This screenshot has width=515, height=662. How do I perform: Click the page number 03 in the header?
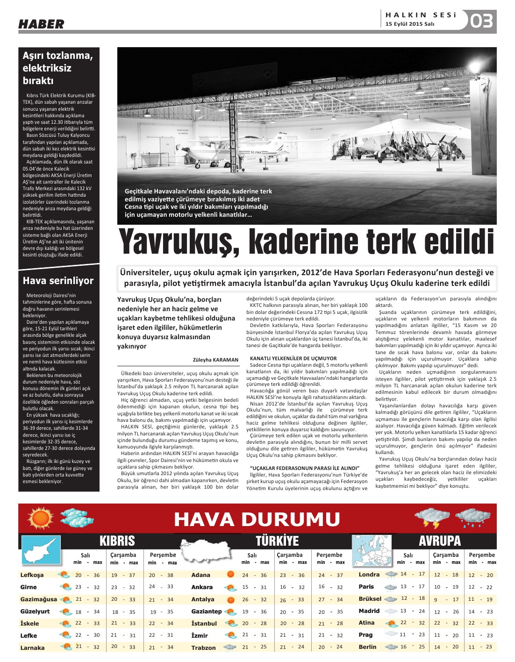pos(482,21)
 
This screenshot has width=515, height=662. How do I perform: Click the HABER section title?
pos(41,24)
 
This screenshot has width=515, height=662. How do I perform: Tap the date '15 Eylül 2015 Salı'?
pos(410,24)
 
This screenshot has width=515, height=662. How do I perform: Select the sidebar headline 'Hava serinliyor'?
pos(58,280)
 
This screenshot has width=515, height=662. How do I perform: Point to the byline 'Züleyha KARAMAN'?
pos(215,360)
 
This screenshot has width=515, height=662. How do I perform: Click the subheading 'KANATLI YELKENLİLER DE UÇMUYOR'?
pos(293,358)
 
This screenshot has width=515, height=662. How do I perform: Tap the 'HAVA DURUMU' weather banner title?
pos(257,520)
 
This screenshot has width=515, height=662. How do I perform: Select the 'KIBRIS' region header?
pos(117,541)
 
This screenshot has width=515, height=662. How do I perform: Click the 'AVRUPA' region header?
pos(439,541)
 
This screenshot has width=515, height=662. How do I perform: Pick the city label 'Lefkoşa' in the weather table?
pos(32,575)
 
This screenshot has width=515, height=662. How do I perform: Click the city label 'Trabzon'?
pos(203,648)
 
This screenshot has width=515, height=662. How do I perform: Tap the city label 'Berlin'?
pos(367,647)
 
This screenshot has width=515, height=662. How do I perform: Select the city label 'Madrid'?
pos(369,611)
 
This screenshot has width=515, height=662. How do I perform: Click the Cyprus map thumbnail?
pos(41,549)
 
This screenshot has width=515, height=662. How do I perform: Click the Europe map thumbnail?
pos(371,550)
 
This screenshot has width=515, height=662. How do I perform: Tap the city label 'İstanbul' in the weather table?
pos(204,623)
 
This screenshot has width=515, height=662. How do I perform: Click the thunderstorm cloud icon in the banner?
pos(426,518)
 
